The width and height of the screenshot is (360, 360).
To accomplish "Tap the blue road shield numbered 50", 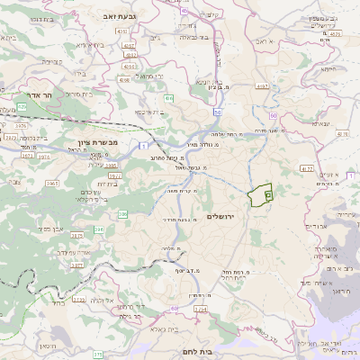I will coord(219,112).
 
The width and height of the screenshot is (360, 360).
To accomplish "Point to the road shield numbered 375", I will coord(77,235).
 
